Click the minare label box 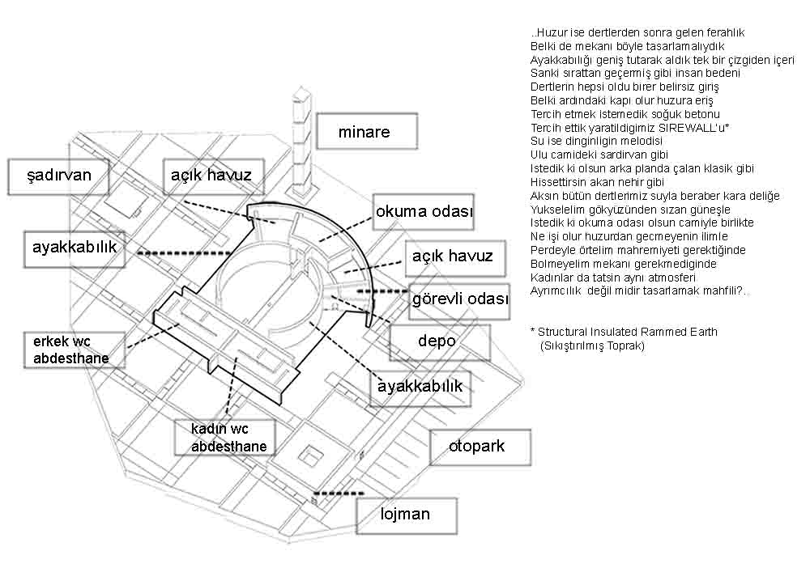point(367,132)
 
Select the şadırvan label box point(58,176)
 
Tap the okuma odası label point(423,212)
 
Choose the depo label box point(439,342)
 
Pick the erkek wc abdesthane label point(74,350)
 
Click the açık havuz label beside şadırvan point(213,176)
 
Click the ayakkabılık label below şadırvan point(75,249)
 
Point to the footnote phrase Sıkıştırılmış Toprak point(592,345)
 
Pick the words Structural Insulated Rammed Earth point(628,332)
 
